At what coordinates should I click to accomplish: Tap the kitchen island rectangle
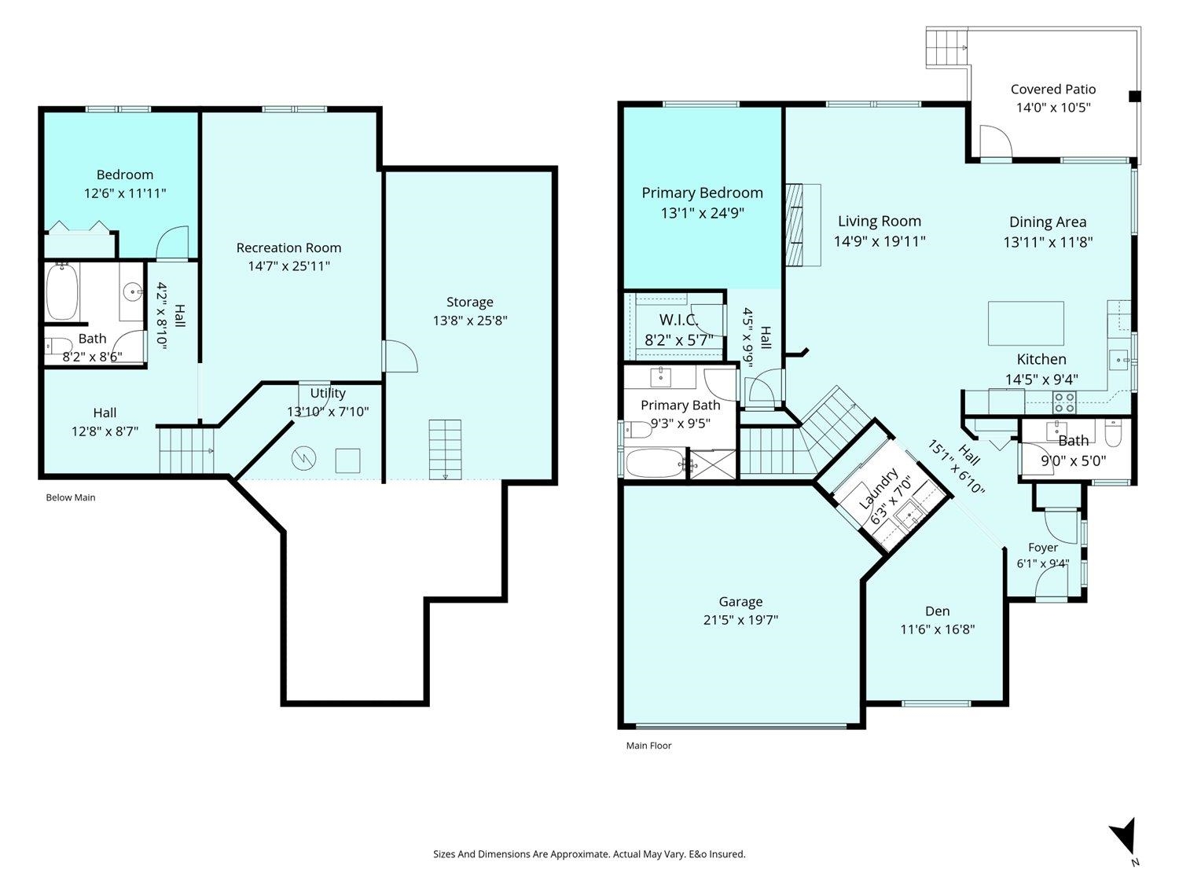1026,323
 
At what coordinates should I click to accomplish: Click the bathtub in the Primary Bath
655,463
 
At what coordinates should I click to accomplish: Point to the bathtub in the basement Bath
62,291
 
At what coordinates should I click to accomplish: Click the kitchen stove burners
1064,402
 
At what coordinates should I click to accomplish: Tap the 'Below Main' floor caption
71,497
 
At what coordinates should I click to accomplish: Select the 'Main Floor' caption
649,746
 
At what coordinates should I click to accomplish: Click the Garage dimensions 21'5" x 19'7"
740,620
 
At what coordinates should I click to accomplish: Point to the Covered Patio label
1052,89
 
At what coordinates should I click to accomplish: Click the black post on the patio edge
1134,97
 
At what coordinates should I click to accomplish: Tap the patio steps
946,47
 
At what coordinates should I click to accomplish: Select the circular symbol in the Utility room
303,458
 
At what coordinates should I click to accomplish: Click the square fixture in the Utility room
347,460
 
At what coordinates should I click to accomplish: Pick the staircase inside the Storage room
445,449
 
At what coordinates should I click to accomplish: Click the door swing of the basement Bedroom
172,242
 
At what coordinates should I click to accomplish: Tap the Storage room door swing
399,356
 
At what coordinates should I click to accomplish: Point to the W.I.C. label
679,320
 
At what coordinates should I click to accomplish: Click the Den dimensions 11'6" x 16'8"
937,629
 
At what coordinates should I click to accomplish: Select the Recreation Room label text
289,248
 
